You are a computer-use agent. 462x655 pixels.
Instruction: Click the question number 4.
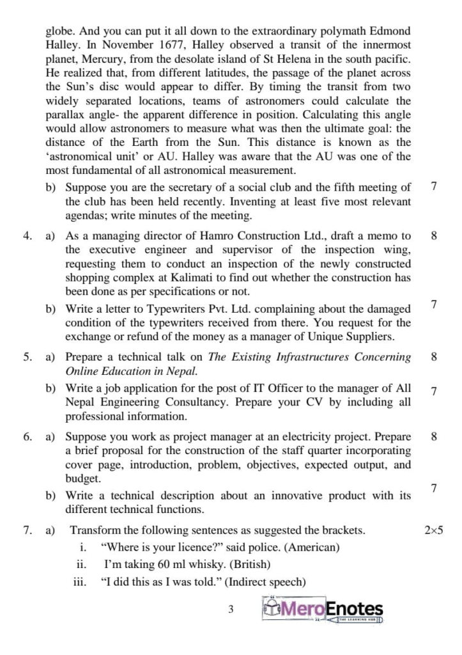28,237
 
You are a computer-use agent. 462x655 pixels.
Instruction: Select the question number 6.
28,438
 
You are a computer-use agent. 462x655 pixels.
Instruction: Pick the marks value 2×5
433,530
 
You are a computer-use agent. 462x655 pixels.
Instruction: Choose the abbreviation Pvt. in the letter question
196,308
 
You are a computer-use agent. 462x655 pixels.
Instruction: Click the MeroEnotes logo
322,610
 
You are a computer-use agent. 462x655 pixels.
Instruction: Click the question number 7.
28,530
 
